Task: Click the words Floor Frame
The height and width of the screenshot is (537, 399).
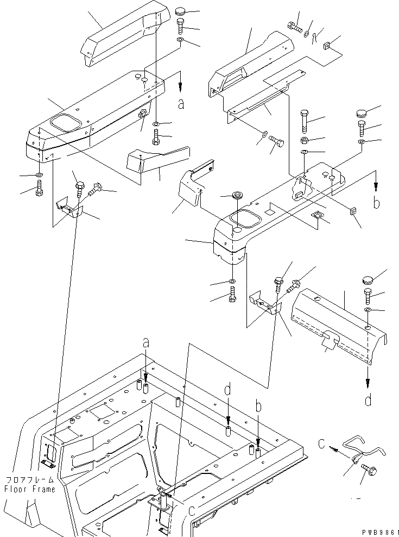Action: point(30,489)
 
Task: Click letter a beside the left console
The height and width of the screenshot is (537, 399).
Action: point(181,104)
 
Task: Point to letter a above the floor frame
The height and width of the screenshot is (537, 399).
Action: point(145,343)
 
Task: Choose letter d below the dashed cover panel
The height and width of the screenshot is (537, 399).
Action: point(368,401)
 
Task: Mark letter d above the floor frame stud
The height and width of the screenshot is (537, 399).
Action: point(228,390)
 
